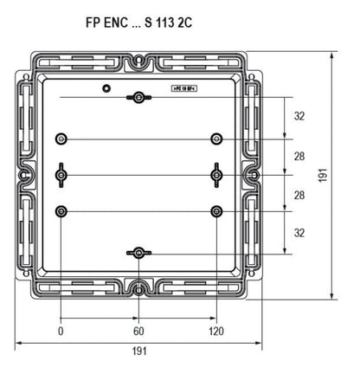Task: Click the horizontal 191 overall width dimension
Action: coord(138,351)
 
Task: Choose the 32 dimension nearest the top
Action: coord(299,116)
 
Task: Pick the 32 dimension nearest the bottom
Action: coord(299,233)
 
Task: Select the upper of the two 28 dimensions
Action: coord(299,157)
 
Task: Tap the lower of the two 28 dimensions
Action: coord(299,196)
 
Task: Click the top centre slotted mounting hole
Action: coord(138,97)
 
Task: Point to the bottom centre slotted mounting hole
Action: coord(138,253)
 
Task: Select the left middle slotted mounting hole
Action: coord(61,175)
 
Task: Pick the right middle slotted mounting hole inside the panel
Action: coord(216,175)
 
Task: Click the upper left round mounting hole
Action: coord(61,138)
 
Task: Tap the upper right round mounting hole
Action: coord(216,138)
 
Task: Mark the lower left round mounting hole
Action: coord(61,210)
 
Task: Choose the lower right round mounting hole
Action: coord(216,210)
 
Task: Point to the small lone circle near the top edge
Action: coord(106,87)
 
